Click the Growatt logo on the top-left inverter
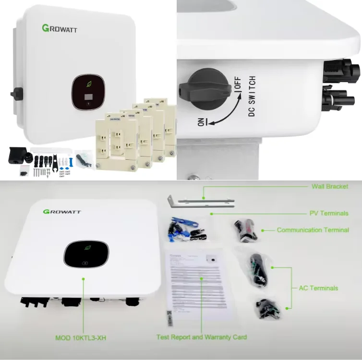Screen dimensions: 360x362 pyautogui.click(x=59, y=29)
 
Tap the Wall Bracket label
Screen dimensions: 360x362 pyautogui.click(x=329, y=186)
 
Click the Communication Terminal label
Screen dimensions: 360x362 pyautogui.click(x=313, y=230)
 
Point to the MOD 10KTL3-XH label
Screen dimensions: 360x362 pyautogui.click(x=81, y=338)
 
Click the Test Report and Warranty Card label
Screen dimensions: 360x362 pyautogui.click(x=202, y=337)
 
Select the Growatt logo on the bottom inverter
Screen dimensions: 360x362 pyautogui.click(x=62, y=211)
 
